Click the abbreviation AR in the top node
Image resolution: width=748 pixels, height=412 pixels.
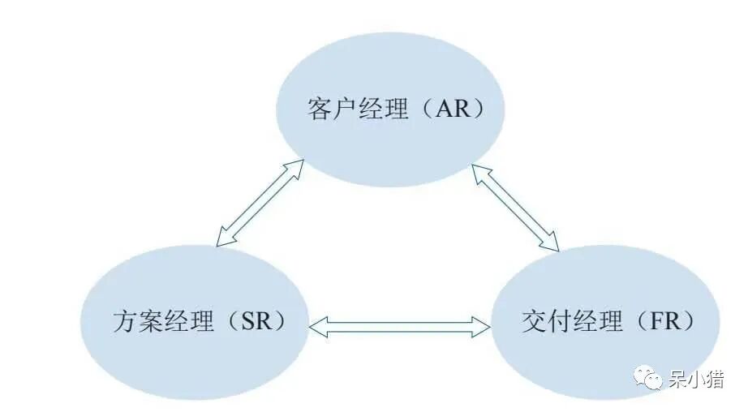tap(452, 109)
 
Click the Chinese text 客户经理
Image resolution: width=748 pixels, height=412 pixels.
tap(358, 109)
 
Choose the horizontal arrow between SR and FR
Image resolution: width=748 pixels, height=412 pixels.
tap(401, 326)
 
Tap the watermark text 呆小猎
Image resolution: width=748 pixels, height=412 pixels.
tap(696, 378)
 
